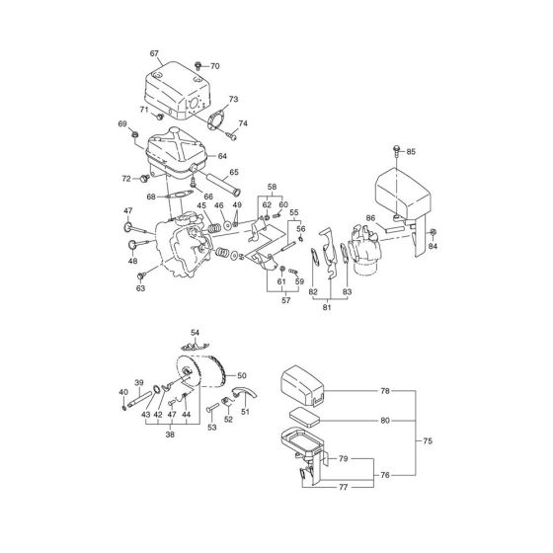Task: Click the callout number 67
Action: tap(155, 52)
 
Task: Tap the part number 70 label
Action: tap(216, 65)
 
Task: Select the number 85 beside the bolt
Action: tap(412, 151)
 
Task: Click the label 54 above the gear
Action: tap(195, 333)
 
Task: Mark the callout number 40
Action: tap(123, 393)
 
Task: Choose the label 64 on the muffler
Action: tap(222, 155)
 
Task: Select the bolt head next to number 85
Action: tap(396, 150)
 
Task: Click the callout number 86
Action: tap(370, 216)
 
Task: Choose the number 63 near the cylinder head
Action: tap(141, 288)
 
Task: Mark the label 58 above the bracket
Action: tap(273, 185)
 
